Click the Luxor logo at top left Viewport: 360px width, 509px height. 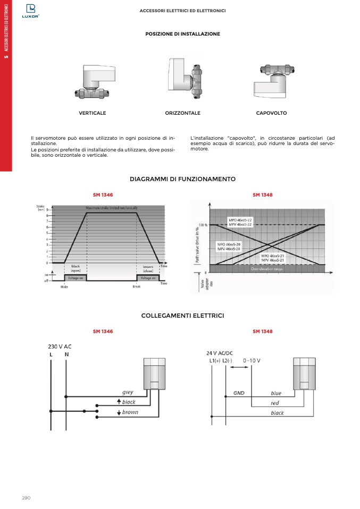coord(30,10)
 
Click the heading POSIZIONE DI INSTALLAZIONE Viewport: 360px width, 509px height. coord(182,34)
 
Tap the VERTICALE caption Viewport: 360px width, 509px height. coord(93,113)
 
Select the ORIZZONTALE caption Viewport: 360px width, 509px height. coord(182,113)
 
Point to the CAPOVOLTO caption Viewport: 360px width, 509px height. coord(271,113)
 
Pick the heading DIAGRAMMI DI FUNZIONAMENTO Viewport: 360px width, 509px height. coord(182,179)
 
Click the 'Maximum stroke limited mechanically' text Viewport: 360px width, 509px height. coord(112,208)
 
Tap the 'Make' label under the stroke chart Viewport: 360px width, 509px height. coord(64,286)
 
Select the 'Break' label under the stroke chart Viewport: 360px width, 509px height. coord(137,286)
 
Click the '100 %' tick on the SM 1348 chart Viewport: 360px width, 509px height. coord(202,225)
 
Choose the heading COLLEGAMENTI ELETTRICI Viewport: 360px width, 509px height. coord(182,316)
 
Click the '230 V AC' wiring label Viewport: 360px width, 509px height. coord(60,346)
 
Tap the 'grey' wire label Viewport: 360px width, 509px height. coord(128,393)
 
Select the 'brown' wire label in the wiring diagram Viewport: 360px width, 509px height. coord(130,412)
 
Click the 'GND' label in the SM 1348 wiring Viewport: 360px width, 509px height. coord(239,393)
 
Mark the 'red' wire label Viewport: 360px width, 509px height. coord(275,403)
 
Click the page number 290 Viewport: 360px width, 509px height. coord(27,497)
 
